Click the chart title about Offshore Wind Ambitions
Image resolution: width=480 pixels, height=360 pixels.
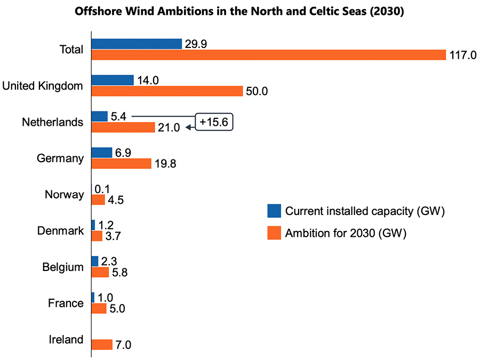tap(239, 12)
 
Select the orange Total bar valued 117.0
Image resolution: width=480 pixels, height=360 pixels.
tap(268, 55)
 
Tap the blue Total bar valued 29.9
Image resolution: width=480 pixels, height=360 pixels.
tap(137, 44)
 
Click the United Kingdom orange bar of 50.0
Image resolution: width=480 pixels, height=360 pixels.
tap(167, 91)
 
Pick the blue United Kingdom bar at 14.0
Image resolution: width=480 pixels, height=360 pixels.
tap(113, 80)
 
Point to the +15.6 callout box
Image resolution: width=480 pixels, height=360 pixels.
tap(213, 122)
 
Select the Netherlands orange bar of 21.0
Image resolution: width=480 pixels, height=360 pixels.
tap(123, 127)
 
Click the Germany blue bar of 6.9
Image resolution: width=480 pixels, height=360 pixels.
tap(102, 153)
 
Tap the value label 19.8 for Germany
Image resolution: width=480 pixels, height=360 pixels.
tap(165, 164)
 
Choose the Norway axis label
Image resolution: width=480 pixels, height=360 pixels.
tap(64, 195)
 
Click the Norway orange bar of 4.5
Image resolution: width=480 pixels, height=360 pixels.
tap(98, 200)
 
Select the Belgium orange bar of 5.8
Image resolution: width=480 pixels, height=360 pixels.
tap(100, 273)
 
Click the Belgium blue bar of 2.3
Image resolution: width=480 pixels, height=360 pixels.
tap(95, 261)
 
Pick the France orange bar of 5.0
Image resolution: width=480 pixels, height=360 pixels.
tap(99, 309)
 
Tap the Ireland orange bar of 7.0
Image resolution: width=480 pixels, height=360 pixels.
tap(102, 345)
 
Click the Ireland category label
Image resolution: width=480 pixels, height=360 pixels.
tap(66, 340)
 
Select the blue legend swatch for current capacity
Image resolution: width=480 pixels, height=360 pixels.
tap(274, 211)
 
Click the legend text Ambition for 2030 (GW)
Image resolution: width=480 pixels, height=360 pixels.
tap(346, 234)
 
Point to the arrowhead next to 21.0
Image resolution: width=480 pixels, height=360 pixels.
tap(187, 127)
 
